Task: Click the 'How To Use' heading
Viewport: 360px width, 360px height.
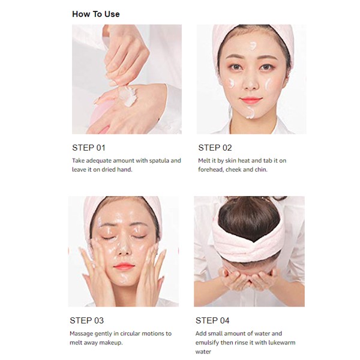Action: [96, 14]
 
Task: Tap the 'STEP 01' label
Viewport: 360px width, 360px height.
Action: [89, 148]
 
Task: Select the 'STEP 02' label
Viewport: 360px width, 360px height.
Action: [215, 148]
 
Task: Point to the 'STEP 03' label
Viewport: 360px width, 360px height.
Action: [86, 320]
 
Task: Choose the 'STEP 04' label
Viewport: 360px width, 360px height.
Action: [212, 320]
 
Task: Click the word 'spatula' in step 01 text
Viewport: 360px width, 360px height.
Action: [160, 160]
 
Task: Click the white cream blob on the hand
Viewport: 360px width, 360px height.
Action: [128, 96]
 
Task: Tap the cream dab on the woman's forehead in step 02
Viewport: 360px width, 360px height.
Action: [253, 46]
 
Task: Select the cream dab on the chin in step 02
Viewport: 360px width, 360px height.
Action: [250, 113]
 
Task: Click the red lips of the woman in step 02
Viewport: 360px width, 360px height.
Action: [250, 100]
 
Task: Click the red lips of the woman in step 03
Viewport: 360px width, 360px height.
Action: [124, 267]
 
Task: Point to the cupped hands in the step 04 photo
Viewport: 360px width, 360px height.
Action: [249, 278]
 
